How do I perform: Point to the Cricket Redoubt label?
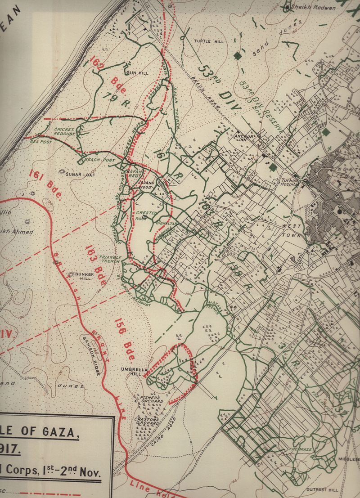tap(64, 131)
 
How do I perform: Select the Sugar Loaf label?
tap(81, 174)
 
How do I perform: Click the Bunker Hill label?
tap(84, 276)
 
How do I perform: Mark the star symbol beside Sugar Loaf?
tap(62, 171)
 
